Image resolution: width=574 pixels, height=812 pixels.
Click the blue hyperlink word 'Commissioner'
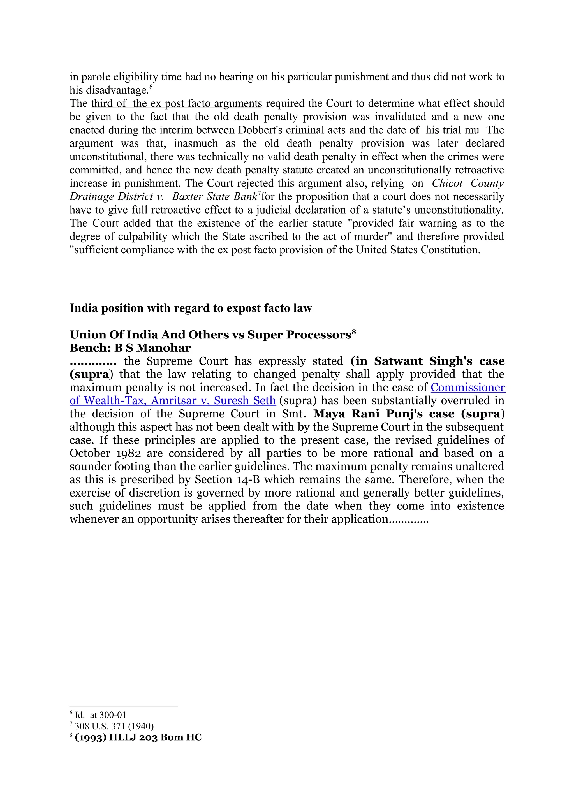(467, 388)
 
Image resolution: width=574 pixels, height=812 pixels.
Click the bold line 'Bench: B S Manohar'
(130, 348)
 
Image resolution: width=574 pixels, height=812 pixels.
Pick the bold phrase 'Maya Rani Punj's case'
(384, 414)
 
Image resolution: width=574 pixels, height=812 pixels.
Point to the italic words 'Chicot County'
(467, 184)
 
